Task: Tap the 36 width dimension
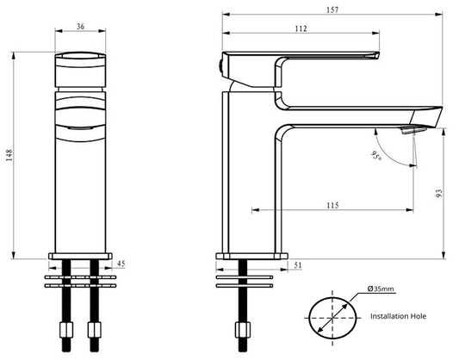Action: (80, 27)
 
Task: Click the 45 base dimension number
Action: (121, 264)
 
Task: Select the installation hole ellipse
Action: (332, 316)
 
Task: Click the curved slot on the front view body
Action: (80, 127)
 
